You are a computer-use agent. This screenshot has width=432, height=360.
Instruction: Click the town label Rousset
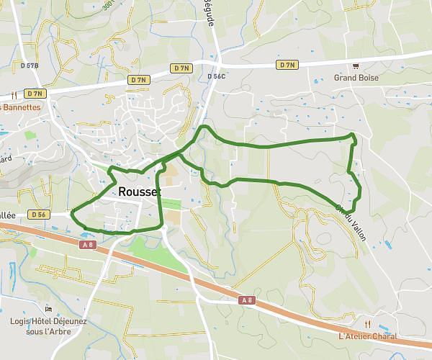coord(138,192)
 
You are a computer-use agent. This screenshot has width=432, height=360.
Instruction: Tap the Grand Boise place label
coord(356,78)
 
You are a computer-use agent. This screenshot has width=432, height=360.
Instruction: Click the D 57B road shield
coord(30,66)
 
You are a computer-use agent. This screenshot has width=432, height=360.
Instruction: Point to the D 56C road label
coord(217,76)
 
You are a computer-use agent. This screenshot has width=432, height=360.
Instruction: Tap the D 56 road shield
coord(38,215)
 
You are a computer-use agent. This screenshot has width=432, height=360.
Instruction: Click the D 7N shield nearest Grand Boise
coord(287,65)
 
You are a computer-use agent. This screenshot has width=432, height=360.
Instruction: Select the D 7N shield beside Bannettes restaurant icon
coord(34,94)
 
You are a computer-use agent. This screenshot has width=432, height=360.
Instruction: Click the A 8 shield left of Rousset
coord(86,244)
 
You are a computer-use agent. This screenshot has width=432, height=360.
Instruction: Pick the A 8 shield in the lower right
coord(247,300)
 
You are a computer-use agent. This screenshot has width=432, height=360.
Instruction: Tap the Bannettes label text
coord(22,107)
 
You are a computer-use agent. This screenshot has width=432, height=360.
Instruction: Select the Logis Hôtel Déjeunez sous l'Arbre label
coord(48,325)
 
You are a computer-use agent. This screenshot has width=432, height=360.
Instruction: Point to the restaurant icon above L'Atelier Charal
coord(367,324)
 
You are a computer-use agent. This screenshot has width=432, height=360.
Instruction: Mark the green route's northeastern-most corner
coord(353,135)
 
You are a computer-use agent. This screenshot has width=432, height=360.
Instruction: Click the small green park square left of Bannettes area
coord(30,134)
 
